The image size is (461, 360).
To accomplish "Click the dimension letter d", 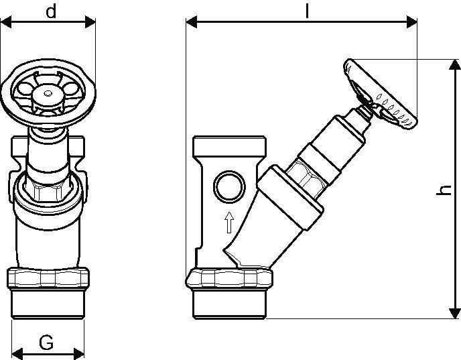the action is [51, 12].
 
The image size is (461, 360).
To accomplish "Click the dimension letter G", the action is [46, 343].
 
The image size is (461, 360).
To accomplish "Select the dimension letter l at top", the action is [307, 11].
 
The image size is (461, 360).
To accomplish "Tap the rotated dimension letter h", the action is [444, 190].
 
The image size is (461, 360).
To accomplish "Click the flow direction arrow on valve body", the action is [229, 223].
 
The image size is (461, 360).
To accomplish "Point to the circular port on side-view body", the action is [229, 186].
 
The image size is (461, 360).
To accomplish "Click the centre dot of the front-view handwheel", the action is [48, 94].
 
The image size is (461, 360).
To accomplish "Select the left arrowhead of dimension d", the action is [6, 22].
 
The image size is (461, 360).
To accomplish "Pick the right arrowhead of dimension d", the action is [90, 22].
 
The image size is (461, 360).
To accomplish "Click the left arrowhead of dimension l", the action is [192, 22].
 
